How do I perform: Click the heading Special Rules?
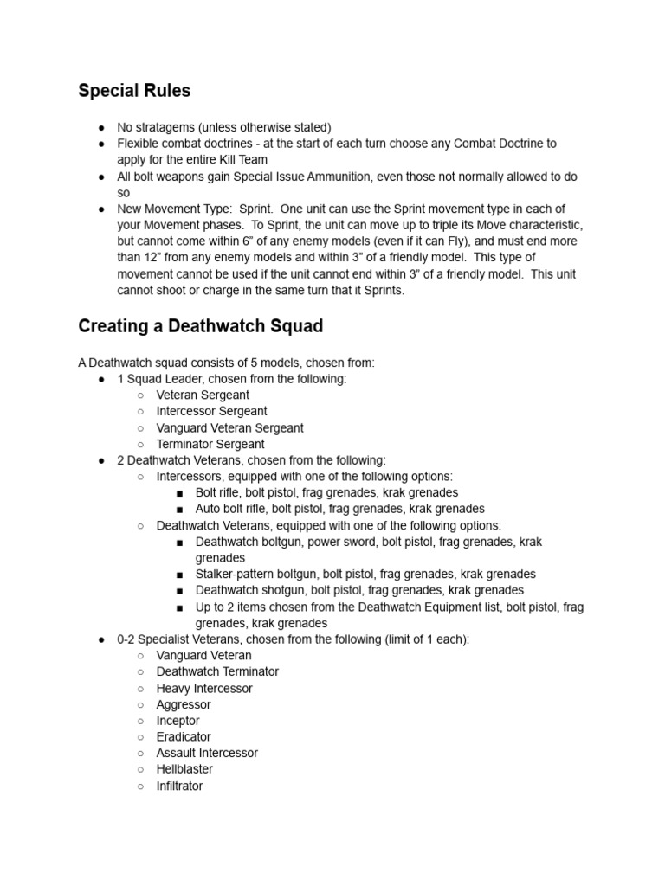click(x=134, y=91)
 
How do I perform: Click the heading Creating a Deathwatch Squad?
click(x=200, y=326)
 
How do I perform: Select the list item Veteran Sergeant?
click(x=203, y=395)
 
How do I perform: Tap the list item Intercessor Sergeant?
click(x=211, y=411)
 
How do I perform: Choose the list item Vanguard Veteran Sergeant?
click(x=229, y=427)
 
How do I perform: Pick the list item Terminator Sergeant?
click(x=210, y=444)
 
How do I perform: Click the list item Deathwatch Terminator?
click(x=217, y=671)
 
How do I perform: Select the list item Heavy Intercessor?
click(x=204, y=688)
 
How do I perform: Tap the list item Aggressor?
click(x=184, y=704)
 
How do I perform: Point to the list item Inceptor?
click(x=178, y=721)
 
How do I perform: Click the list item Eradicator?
click(x=184, y=736)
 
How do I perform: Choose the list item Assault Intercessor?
click(x=207, y=753)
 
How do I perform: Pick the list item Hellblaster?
click(x=184, y=769)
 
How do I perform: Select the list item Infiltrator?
click(x=179, y=786)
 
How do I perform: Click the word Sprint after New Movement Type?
click(x=259, y=209)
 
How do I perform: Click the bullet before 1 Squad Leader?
click(x=101, y=379)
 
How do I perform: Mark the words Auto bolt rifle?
click(x=231, y=509)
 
